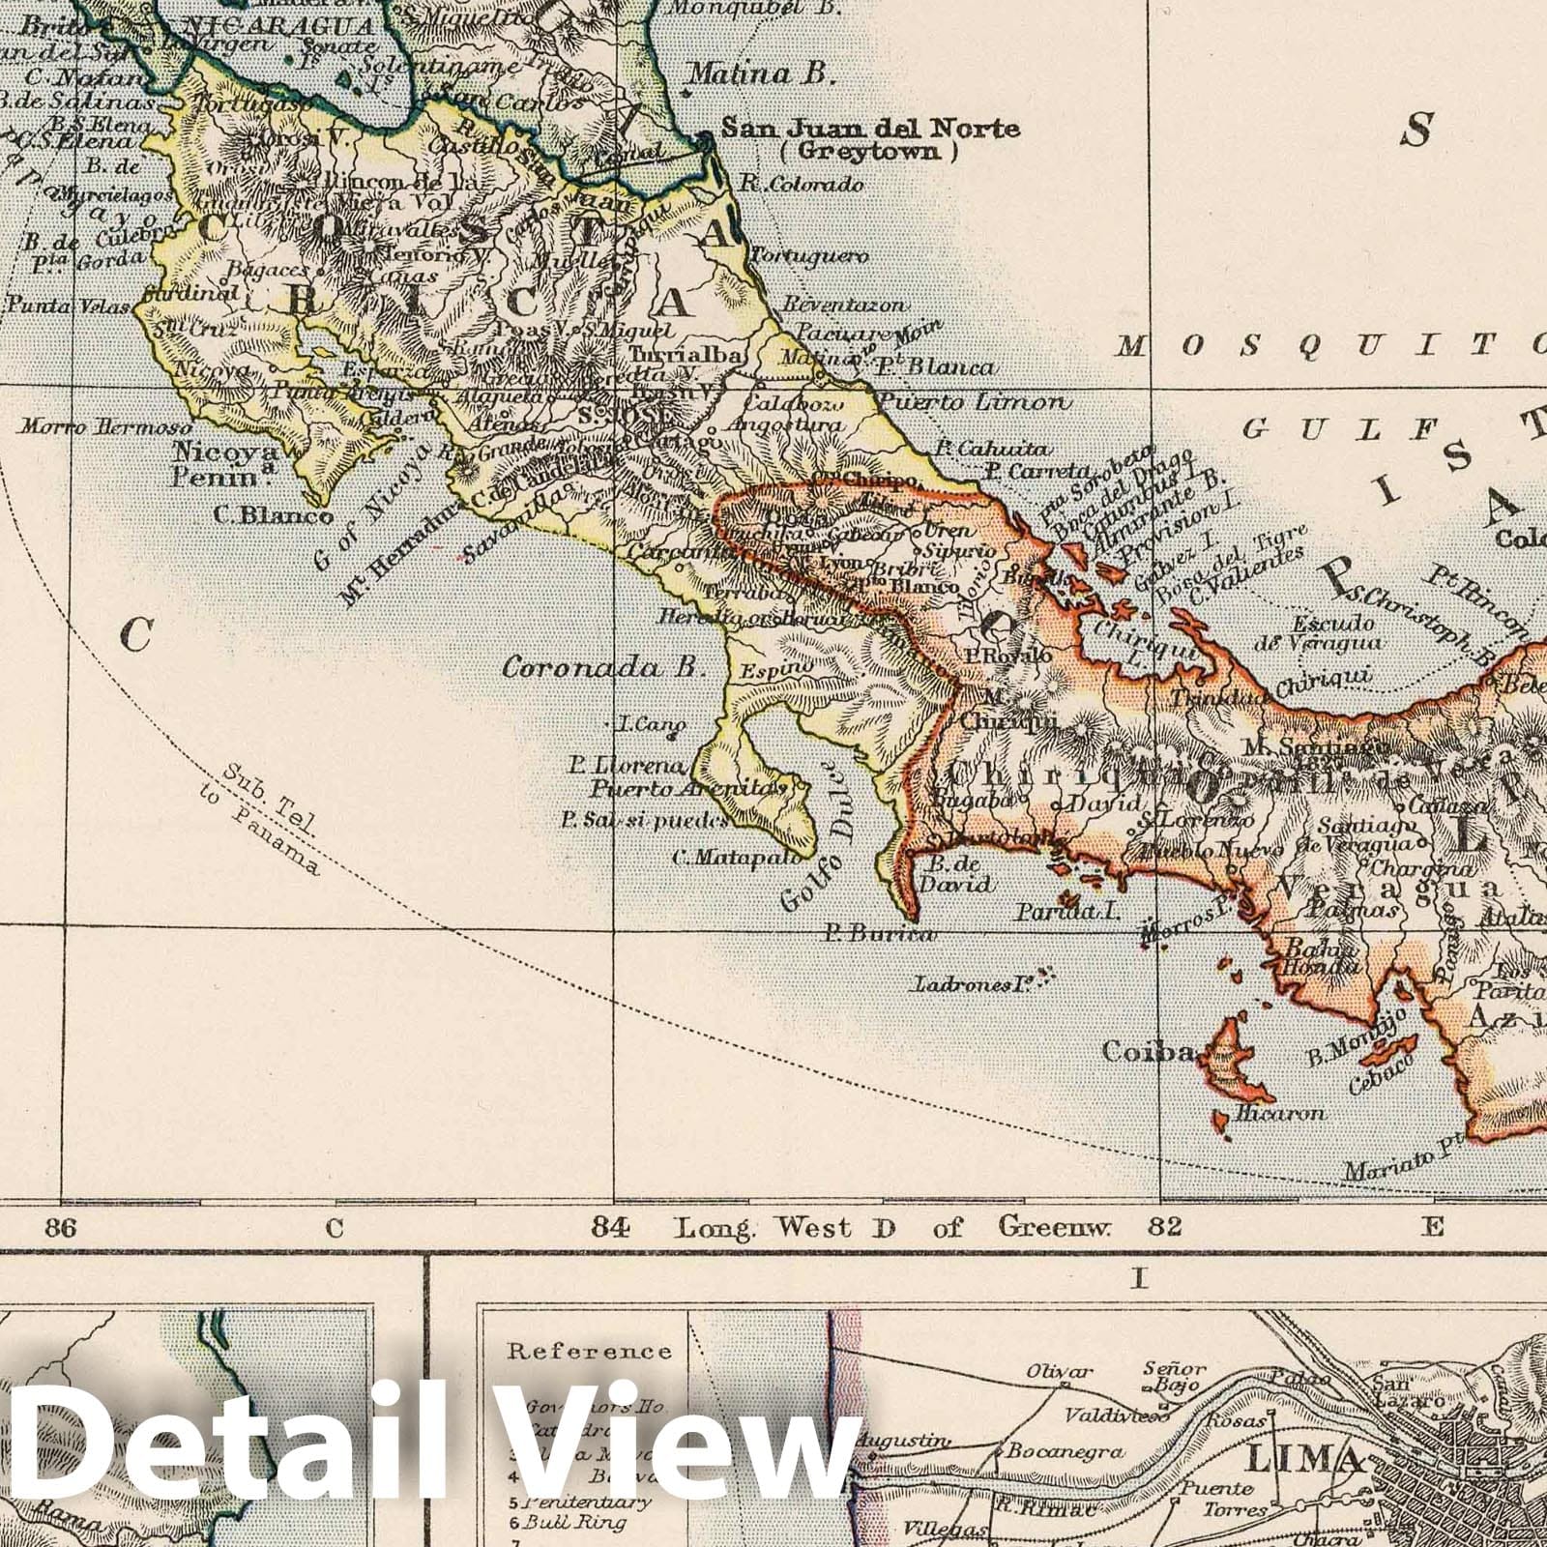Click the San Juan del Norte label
point(871,128)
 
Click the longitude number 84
point(613,1228)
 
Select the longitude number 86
point(60,1229)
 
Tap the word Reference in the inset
point(589,1351)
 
